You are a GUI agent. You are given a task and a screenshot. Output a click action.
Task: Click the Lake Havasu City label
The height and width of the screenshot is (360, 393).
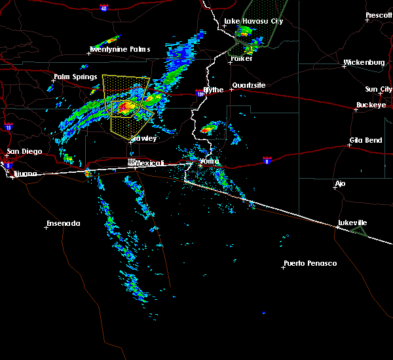(x=253, y=21)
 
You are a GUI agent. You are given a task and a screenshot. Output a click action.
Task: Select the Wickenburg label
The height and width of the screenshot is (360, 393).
(x=364, y=63)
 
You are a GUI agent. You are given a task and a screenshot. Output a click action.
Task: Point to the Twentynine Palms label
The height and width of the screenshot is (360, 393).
(x=120, y=50)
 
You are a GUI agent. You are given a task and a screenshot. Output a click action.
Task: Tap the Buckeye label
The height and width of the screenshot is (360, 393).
(x=371, y=105)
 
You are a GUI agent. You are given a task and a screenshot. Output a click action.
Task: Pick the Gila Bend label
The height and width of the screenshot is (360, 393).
(x=365, y=141)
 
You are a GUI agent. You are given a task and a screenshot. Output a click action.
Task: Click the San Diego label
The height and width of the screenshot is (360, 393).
(x=24, y=152)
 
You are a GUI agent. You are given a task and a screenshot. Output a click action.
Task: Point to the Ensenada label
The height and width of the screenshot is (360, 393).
(x=63, y=224)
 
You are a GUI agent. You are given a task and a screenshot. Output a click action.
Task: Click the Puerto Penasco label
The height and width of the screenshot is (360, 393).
(x=310, y=264)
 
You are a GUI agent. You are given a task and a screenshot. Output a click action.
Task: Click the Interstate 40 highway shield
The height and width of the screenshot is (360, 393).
(x=104, y=8)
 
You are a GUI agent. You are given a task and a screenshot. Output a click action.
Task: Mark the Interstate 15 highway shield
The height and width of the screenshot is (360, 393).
(x=8, y=126)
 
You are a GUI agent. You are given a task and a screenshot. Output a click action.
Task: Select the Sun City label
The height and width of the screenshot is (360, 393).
(x=379, y=89)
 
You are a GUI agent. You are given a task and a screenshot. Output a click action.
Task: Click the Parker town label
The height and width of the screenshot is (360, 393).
(x=241, y=58)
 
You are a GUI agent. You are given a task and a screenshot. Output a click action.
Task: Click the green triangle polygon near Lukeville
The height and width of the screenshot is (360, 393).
(x=358, y=231)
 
